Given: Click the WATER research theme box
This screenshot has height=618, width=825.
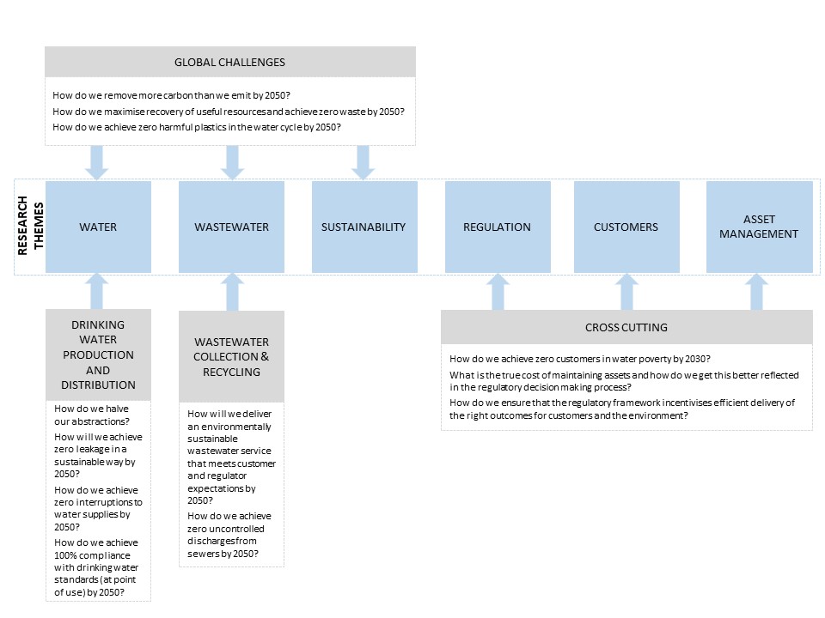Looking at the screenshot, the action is tap(98, 227).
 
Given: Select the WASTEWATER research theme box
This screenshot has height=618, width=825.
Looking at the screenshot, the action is tap(231, 227).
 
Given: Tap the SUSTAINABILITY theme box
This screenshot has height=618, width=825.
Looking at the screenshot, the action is tap(364, 227).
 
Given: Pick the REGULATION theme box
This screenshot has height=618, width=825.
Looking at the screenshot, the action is tap(498, 227).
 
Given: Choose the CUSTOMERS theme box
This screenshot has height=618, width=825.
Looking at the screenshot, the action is tap(626, 227).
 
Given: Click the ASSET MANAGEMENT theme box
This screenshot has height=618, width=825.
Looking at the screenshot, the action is tap(759, 227).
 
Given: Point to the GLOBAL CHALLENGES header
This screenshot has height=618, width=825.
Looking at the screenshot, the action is tap(230, 62).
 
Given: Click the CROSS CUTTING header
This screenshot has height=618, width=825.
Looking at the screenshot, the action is tap(626, 327).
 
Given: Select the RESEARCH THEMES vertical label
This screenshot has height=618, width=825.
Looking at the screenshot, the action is tap(31, 226).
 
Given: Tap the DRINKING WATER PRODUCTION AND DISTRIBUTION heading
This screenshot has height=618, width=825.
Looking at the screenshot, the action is tap(98, 354).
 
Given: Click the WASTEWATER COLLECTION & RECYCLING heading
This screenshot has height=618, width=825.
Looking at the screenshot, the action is tap(231, 357).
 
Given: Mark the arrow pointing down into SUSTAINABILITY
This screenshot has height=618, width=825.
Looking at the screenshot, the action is tap(363, 163).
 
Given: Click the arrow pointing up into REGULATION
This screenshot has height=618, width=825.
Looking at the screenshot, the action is tap(498, 292).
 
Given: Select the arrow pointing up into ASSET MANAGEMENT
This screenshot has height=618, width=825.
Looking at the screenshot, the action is tap(756, 292).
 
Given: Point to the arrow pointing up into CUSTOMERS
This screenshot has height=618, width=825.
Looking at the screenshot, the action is tap(626, 292).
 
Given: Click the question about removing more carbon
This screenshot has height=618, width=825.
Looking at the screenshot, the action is tap(172, 95).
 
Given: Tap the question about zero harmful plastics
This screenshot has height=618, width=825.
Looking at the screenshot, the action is tap(197, 127).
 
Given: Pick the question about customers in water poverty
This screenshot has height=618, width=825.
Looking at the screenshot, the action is tap(580, 359).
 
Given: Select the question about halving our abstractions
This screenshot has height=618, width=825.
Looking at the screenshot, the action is tap(92, 415).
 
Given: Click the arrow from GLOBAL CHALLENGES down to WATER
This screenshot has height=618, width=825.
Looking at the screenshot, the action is tap(97, 163).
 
